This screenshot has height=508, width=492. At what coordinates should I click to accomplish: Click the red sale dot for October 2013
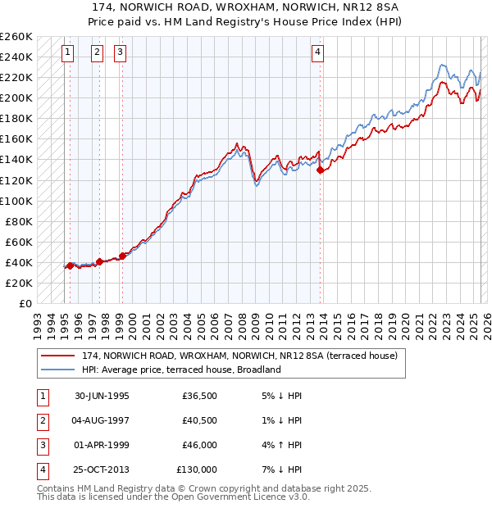[320, 170]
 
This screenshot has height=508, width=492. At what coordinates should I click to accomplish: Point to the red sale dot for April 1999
[122, 256]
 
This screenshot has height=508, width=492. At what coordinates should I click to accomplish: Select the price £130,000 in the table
[196, 469]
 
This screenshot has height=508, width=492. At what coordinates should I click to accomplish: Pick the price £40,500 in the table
[198, 420]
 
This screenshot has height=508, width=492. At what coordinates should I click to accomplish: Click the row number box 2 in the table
[42, 420]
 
